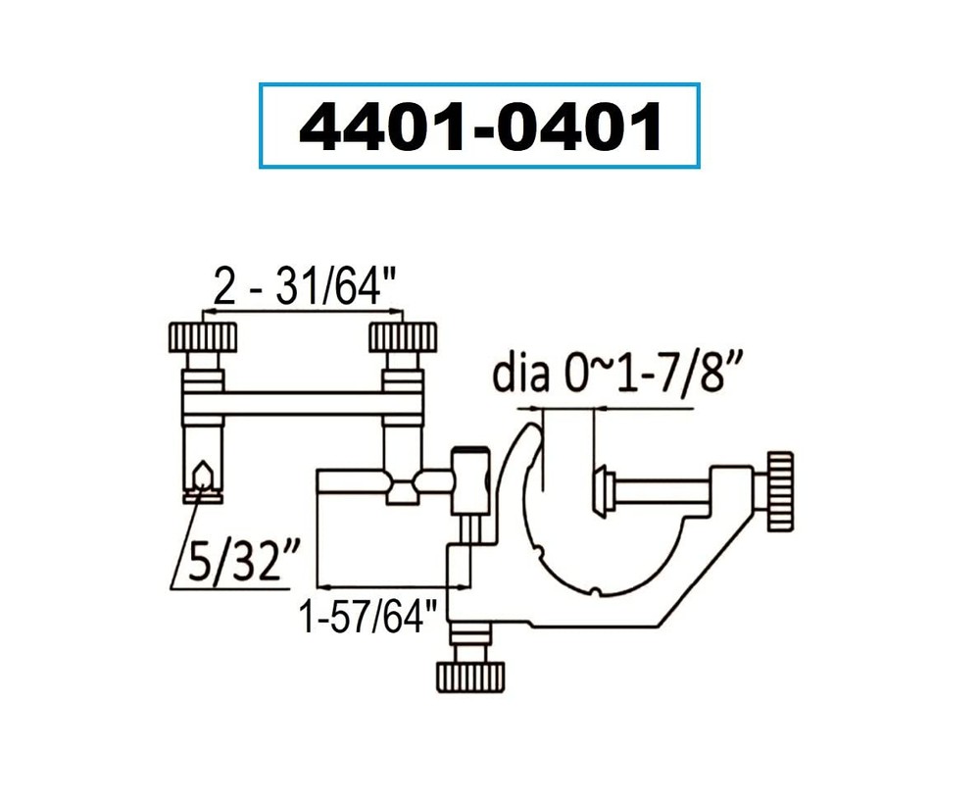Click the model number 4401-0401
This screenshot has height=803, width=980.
[479, 126]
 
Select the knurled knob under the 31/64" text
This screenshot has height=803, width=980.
[401, 339]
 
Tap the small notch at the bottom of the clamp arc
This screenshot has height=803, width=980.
[596, 590]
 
